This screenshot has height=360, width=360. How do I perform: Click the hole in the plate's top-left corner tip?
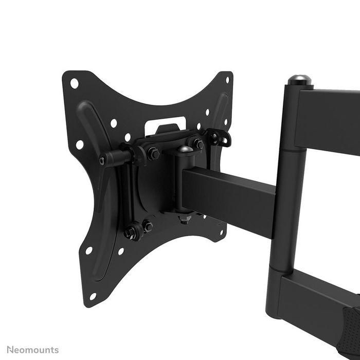[x=74, y=83]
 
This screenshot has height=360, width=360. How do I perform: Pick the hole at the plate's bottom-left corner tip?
[x=93, y=296]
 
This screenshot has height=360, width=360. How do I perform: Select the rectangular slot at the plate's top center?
[x=165, y=123]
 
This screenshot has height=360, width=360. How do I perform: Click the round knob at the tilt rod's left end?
[x=103, y=161]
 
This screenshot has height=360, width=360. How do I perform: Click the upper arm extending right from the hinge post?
[x=329, y=121]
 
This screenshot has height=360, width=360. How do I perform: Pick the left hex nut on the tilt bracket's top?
[x=153, y=153]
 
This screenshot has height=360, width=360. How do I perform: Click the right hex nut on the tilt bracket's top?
[x=197, y=145]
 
